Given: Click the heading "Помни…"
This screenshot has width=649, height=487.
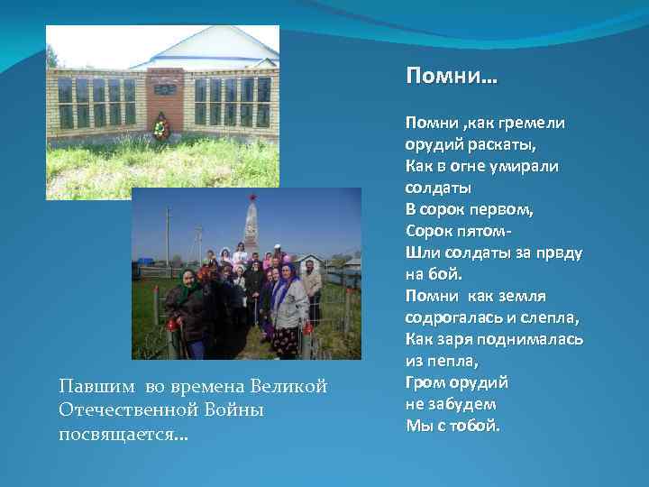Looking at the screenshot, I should click(451, 77).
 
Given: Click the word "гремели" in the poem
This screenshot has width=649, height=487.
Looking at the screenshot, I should click(531, 124).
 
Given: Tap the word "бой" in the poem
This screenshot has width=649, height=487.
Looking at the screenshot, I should click(446, 274).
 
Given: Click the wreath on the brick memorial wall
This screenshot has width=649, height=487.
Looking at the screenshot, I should click(161, 128).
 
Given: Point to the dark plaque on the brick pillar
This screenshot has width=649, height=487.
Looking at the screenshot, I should click(164, 89).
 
